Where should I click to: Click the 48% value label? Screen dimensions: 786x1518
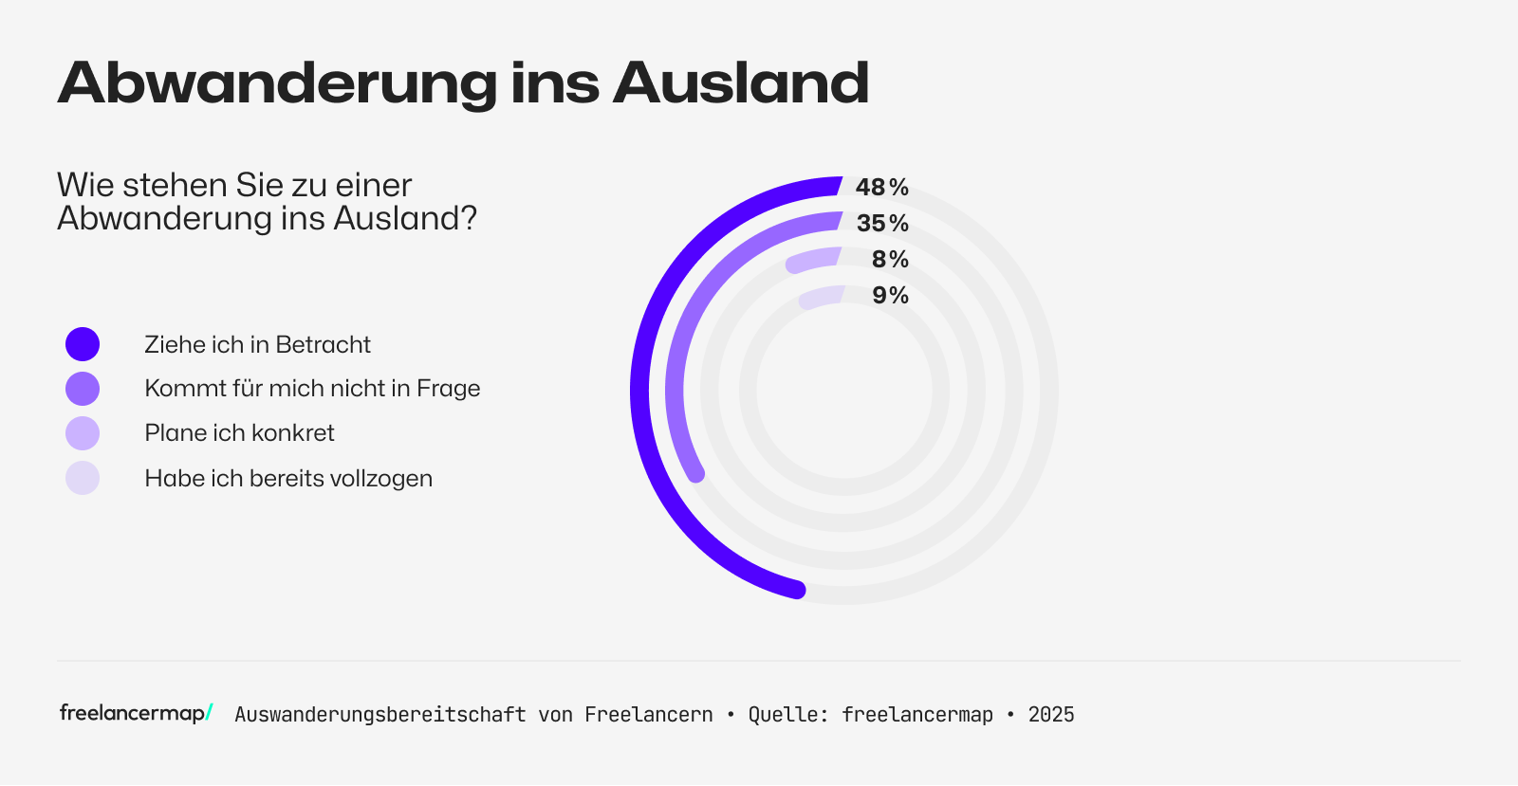tap(881, 188)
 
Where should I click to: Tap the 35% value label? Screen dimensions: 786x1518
tap(882, 224)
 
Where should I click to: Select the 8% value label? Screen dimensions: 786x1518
tap(890, 260)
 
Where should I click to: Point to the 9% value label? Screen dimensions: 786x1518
tap(890, 296)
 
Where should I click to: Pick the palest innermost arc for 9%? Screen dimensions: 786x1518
tap(822, 297)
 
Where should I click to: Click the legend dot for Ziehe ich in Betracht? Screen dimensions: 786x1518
tap(83, 344)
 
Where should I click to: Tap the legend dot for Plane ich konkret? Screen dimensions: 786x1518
tap(83, 433)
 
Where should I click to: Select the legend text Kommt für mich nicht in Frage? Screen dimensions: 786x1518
tap(312, 389)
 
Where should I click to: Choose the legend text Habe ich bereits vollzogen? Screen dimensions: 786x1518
tap(288, 479)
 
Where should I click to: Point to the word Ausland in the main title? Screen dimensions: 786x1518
tap(741, 83)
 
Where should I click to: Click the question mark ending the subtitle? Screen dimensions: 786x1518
tap(468, 219)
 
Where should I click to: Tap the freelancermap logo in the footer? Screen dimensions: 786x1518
tap(136, 713)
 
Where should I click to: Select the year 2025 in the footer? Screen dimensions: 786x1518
tap(1051, 715)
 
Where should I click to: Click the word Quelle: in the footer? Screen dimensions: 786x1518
tap(788, 715)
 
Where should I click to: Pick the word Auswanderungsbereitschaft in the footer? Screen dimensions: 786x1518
tap(379, 715)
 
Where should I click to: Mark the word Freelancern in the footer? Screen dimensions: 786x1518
tap(649, 715)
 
